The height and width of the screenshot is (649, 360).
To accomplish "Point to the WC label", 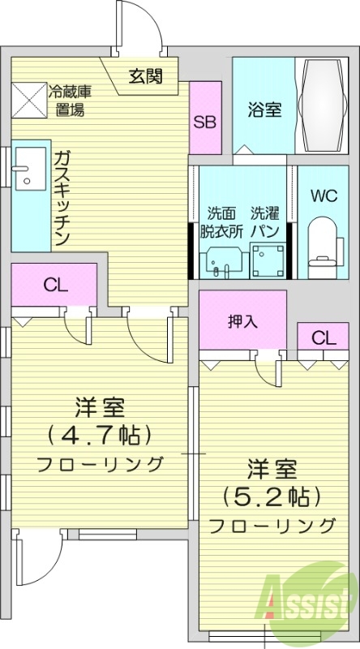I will (323, 196).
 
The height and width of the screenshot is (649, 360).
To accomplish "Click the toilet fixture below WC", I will (322, 242).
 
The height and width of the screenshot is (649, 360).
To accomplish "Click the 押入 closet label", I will (242, 320).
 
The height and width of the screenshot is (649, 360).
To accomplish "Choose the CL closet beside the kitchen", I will (54, 285).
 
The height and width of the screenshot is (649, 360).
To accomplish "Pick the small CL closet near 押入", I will (320, 337).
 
